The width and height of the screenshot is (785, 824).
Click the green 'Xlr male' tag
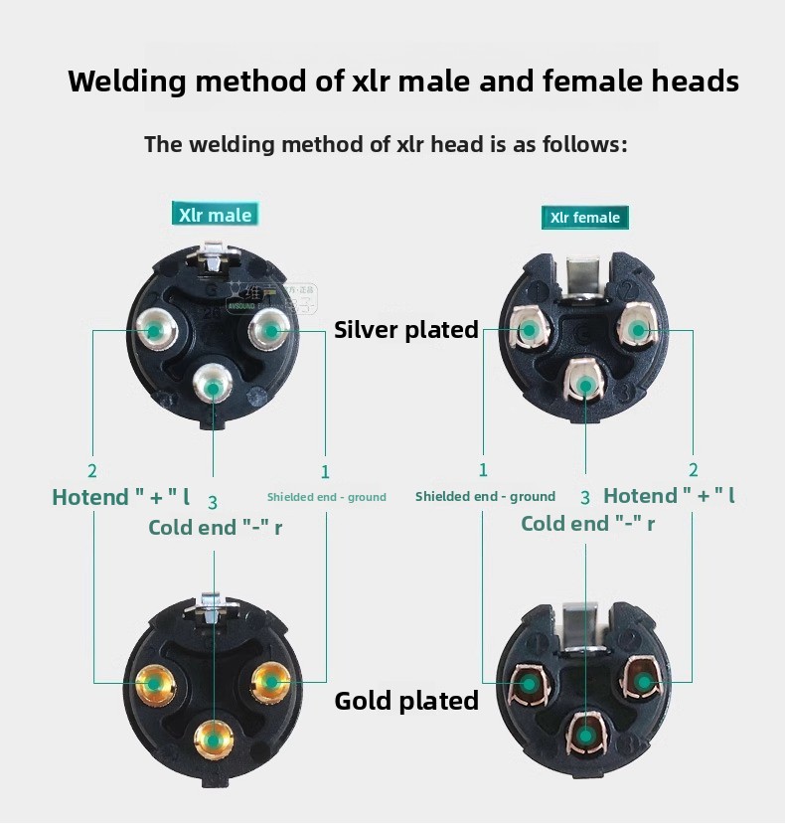[x=216, y=214]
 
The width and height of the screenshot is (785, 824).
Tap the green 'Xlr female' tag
[x=585, y=218]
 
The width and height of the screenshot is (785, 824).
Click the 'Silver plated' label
[x=406, y=330]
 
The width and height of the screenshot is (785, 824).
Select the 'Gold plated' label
[x=406, y=701]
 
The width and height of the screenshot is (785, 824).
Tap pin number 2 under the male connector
[x=92, y=471]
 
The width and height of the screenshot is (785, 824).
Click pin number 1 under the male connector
[x=325, y=472]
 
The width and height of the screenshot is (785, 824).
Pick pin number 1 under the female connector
[x=484, y=470]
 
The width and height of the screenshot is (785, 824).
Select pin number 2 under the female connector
[x=694, y=470]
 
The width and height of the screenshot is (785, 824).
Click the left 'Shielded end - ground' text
[x=327, y=497]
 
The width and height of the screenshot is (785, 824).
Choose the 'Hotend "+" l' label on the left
[x=120, y=496]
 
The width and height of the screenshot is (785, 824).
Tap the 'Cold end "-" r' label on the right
[x=587, y=524]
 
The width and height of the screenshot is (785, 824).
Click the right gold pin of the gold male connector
[x=270, y=681]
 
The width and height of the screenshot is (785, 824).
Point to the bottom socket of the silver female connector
[x=585, y=385]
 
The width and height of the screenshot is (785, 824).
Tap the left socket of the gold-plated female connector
[x=529, y=684]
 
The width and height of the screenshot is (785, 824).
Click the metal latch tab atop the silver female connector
[x=584, y=270]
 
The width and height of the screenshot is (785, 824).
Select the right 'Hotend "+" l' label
[x=669, y=496]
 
